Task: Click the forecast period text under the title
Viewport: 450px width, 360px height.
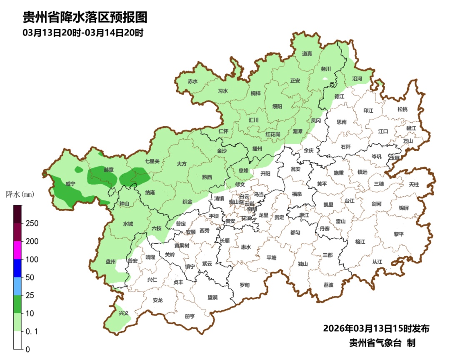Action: [83, 33]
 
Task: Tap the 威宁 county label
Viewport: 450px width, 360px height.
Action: [70, 183]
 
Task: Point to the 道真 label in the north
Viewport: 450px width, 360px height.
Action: [307, 54]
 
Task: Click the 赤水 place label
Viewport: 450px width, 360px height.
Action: [192, 82]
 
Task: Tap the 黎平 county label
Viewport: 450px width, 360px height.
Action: [399, 234]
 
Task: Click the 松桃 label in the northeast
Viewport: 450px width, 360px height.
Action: [402, 109]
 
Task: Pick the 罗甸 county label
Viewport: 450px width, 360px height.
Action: [245, 285]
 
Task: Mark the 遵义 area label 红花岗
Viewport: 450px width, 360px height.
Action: [273, 134]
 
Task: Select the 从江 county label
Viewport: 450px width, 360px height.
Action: [377, 262]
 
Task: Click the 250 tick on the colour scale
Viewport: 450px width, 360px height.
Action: [32, 223]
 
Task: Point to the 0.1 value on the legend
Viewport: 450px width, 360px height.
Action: [32, 331]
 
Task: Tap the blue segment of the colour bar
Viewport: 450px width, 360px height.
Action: [17, 268]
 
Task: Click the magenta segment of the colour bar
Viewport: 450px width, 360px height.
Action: [17, 250]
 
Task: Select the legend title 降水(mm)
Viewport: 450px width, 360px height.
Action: [20, 195]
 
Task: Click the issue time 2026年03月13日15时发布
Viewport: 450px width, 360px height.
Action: [376, 328]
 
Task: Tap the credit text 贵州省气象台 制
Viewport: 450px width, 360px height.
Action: [382, 343]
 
